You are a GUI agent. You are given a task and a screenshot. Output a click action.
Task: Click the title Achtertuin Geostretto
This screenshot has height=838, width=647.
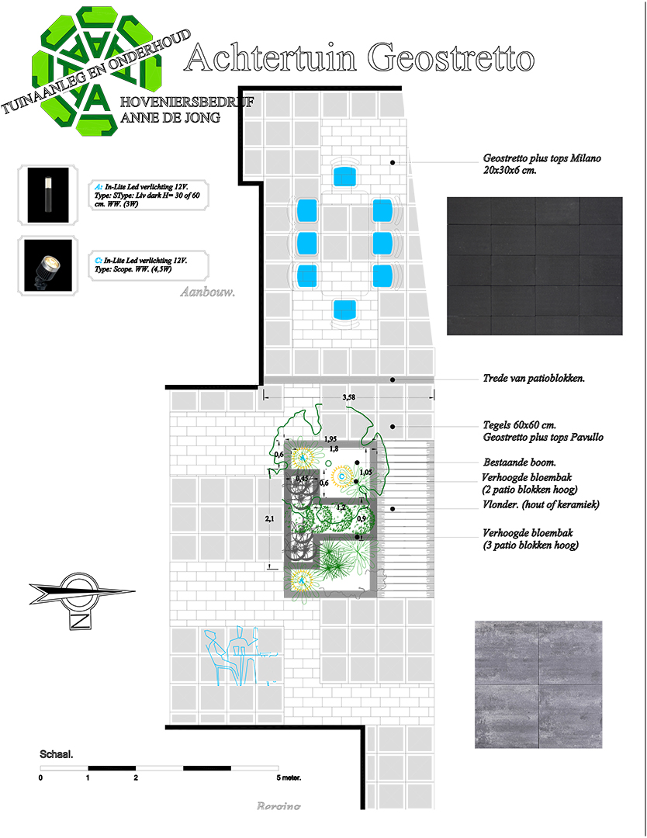pos(360,59)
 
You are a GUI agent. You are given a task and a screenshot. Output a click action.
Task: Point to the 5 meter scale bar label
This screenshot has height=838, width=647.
pos(289,777)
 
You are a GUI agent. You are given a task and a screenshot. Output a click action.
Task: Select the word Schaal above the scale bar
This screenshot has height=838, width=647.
pos(57,754)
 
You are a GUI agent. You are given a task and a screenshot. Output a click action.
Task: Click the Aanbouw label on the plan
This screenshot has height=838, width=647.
pos(207,293)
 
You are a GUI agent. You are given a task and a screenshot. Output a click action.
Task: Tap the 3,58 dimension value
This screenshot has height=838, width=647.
pos(349,397)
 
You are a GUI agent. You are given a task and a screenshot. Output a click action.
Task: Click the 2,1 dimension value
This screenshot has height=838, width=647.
pos(268,519)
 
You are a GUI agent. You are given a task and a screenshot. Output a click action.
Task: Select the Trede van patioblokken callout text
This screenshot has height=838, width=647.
pos(533,379)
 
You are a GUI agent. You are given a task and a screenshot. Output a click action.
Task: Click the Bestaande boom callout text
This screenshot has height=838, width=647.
pos(518,462)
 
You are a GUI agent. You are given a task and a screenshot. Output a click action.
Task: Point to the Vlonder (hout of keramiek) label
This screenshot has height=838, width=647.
pos(541,504)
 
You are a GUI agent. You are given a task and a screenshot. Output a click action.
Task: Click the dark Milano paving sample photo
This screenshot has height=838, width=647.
pos(535,265)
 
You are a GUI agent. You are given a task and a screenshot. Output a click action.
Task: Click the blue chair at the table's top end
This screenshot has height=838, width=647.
pos(344,175)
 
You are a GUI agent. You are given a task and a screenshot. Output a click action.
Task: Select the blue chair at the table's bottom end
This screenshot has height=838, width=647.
pos(344,310)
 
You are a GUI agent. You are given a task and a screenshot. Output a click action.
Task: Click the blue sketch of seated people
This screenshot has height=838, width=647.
pos(232,654)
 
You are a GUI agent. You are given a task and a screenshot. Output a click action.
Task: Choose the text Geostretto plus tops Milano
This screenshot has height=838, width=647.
pos(541,158)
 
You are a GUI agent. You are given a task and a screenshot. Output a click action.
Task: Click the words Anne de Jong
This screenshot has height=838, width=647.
pos(171,118)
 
